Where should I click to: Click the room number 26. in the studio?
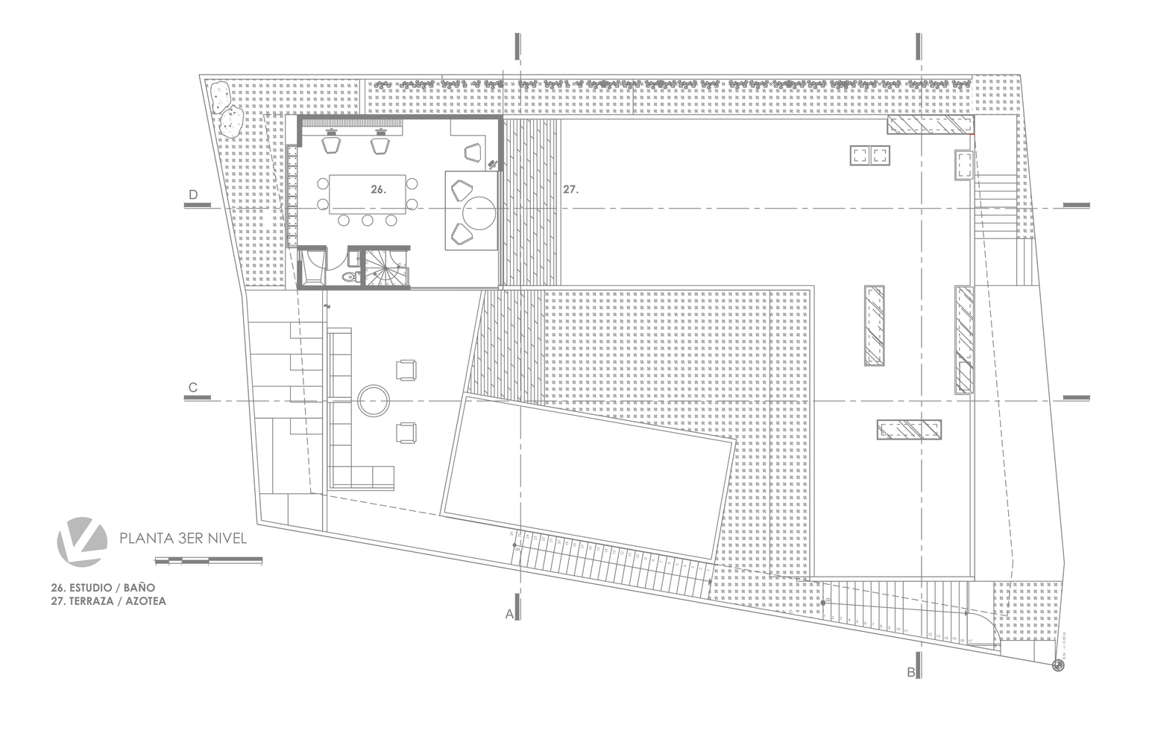tap(378, 189)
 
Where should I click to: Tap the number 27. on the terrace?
tap(570, 190)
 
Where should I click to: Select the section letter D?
tap(193, 195)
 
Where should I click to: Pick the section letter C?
tap(193, 387)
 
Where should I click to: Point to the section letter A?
tap(510, 615)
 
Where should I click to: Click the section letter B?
tap(911, 673)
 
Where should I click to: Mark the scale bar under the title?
tap(208, 559)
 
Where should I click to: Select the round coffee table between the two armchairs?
tap(372, 400)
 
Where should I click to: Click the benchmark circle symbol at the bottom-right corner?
tap(1057, 665)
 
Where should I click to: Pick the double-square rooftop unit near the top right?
tap(870, 156)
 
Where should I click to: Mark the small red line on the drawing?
tap(973, 133)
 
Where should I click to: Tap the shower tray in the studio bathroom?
tap(314, 267)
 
